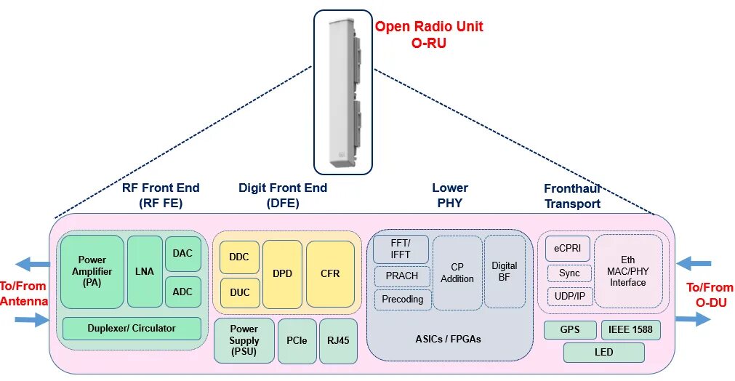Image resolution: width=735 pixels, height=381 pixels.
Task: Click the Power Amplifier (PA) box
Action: pyautogui.click(x=92, y=271)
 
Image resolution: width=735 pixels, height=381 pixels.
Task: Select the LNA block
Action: pyautogui.click(x=145, y=271)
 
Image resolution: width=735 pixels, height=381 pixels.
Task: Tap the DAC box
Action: pyautogui.click(x=183, y=254)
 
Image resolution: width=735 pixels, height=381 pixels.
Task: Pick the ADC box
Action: pyautogui.click(x=183, y=292)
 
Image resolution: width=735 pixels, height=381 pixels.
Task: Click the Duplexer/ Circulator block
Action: pyautogui.click(x=132, y=329)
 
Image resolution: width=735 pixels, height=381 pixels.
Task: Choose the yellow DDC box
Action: pyautogui.click(x=239, y=257)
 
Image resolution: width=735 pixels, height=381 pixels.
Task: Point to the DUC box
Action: pyautogui.click(x=239, y=292)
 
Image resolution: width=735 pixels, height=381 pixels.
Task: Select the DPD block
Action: pyautogui.click(x=282, y=274)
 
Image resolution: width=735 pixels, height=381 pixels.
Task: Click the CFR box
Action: pyautogui.click(x=330, y=274)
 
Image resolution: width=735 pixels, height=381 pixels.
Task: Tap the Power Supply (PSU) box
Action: pyautogui.click(x=244, y=340)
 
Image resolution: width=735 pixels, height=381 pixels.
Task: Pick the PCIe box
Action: pyautogui.click(x=296, y=340)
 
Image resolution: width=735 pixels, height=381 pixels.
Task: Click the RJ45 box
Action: pyautogui.click(x=338, y=340)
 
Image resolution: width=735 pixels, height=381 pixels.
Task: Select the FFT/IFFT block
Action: pyautogui.click(x=401, y=249)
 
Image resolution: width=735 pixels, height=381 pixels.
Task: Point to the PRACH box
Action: pyautogui.click(x=402, y=276)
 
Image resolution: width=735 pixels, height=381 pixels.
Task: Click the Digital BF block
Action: pyautogui.click(x=504, y=271)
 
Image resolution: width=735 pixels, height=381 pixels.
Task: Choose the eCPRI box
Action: pyautogui.click(x=568, y=249)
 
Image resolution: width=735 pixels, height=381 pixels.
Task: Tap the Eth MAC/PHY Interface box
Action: pyautogui.click(x=628, y=271)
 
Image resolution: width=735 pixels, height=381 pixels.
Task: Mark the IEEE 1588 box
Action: pyautogui.click(x=631, y=330)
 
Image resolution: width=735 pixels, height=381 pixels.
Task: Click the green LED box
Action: pyautogui.click(x=603, y=353)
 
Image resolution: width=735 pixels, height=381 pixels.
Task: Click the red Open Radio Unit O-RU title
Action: pyautogui.click(x=429, y=34)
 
